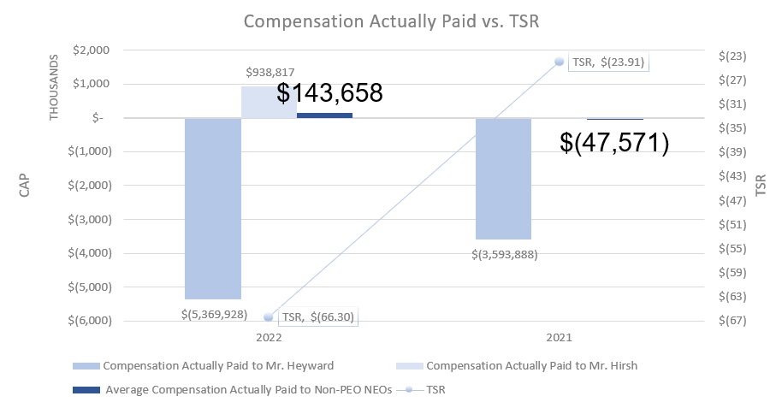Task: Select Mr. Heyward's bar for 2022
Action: (213, 209)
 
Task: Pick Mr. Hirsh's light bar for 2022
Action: (269, 102)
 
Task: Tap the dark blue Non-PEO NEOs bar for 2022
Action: (324, 115)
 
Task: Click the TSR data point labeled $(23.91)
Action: (559, 62)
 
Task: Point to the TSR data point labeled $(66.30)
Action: (269, 316)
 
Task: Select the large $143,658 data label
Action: (329, 93)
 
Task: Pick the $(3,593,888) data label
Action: (503, 253)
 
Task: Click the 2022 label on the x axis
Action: (269, 338)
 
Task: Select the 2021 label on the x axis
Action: (559, 338)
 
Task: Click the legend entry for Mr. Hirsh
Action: (531, 366)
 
